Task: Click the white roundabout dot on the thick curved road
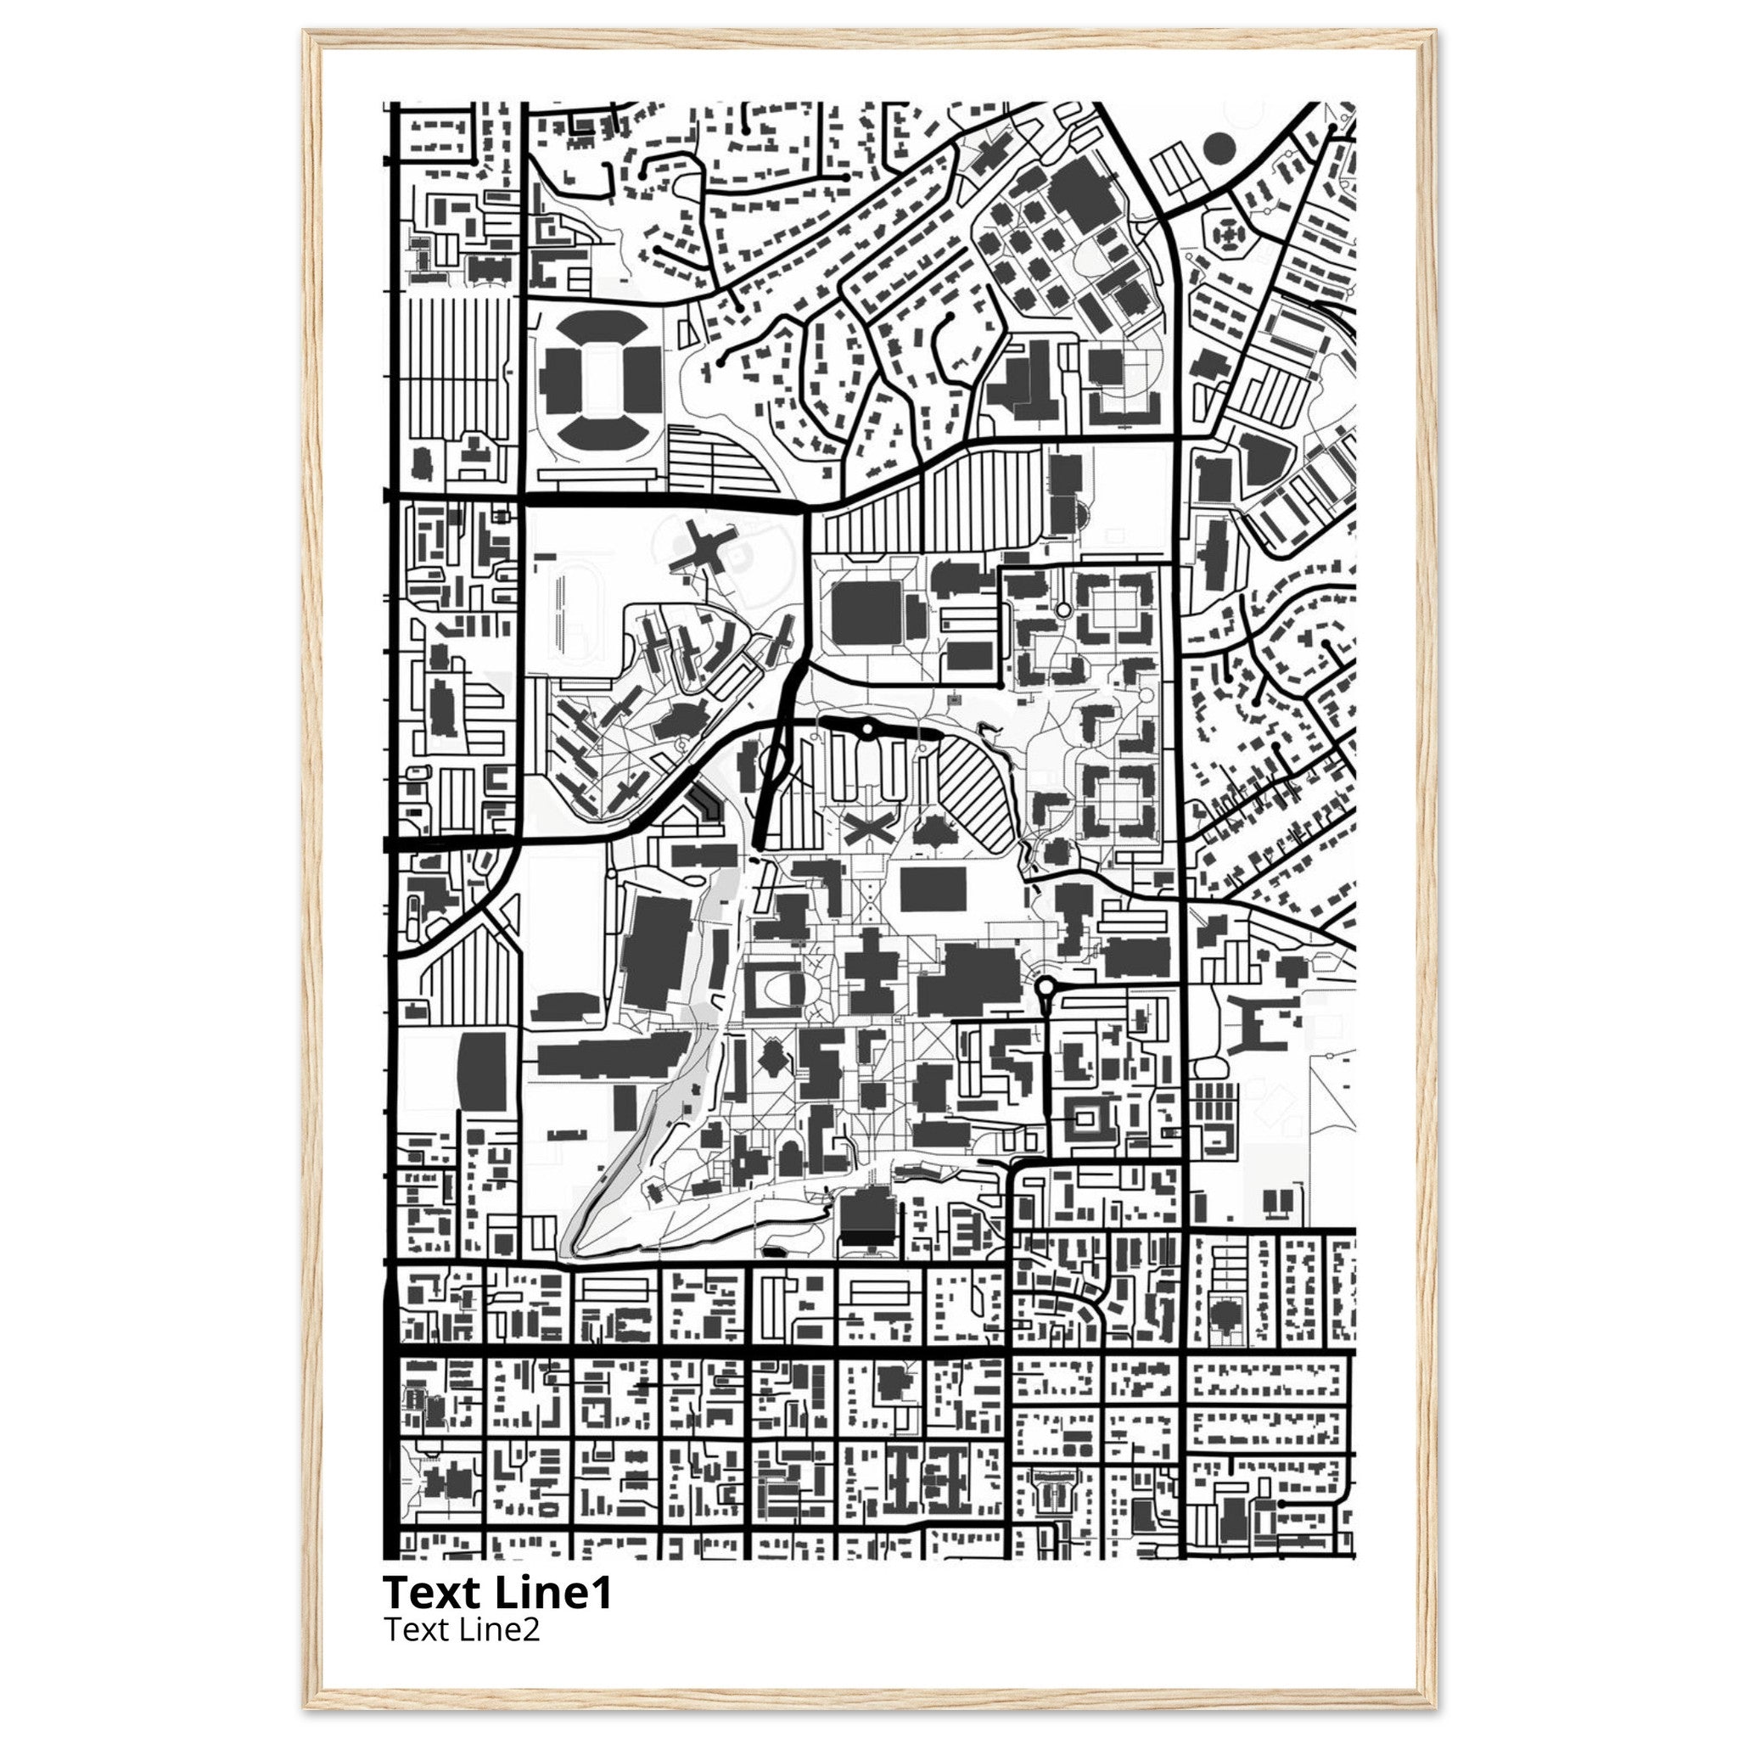point(866,729)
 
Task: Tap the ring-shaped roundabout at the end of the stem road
point(1046,987)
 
